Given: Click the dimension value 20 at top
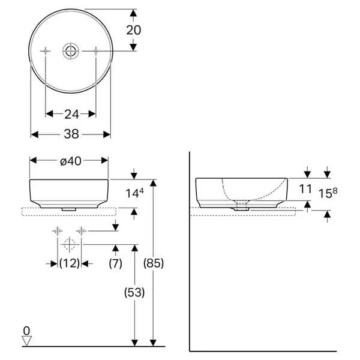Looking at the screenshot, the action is pos(134,30).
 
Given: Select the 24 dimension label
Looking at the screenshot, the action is pos(71,114).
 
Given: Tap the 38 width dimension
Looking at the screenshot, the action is pos(71,134).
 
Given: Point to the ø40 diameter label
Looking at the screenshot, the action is pos(71,161).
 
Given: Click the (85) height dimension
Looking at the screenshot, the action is pos(154,263).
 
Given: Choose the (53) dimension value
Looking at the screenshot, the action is pos(134,293).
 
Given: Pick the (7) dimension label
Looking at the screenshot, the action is pos(115,263).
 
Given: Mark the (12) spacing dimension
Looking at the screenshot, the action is pos(70,263).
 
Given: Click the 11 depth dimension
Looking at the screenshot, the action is pos(305,189).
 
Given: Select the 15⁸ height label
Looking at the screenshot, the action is pos(328,193).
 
